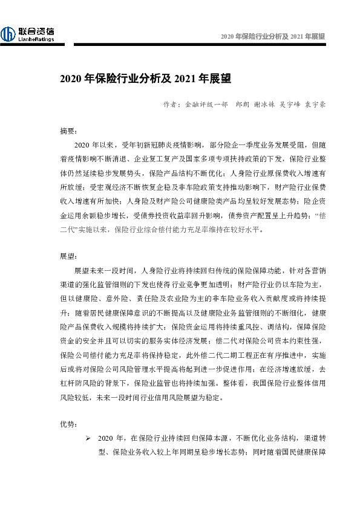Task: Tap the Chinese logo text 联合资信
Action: tap(36, 31)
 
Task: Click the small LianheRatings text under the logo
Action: tap(36, 40)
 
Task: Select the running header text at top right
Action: tap(273, 36)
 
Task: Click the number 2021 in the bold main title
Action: tap(185, 79)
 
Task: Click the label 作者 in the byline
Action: tap(170, 104)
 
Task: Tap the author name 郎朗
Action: tap(243, 104)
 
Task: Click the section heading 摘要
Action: tap(68, 131)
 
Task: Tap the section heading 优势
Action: tap(68, 424)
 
